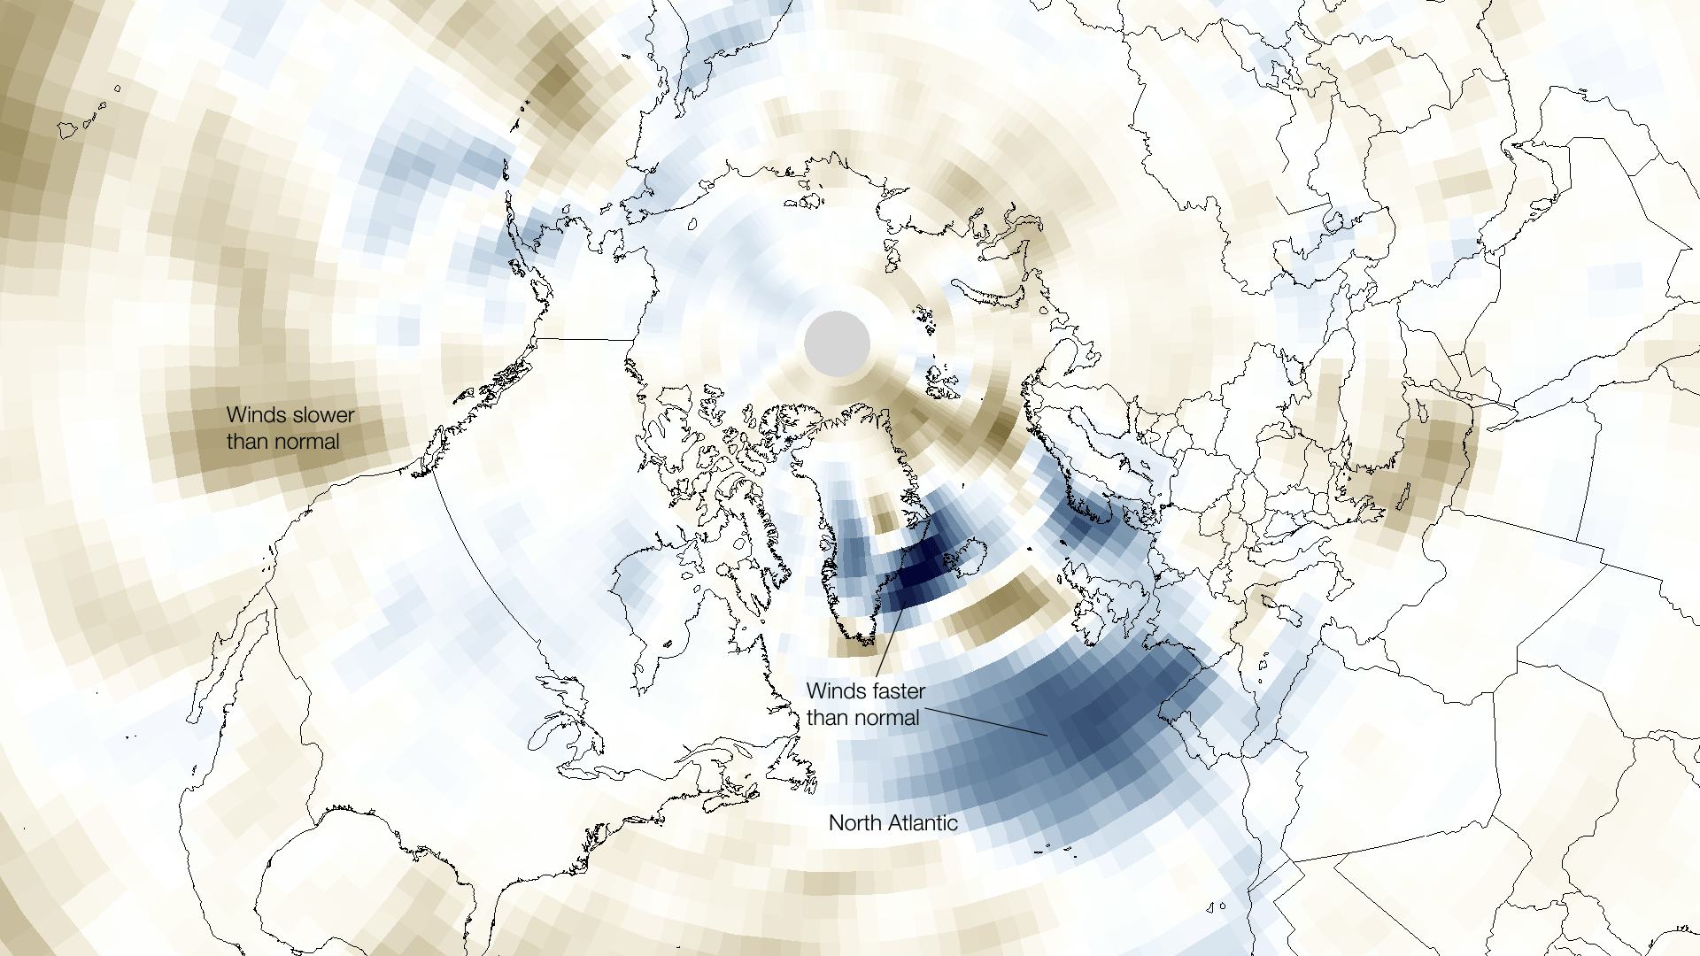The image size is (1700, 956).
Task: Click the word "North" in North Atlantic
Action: coord(854,823)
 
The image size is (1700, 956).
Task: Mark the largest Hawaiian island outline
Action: coord(69,130)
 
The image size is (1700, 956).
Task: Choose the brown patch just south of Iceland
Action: coord(1001,611)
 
